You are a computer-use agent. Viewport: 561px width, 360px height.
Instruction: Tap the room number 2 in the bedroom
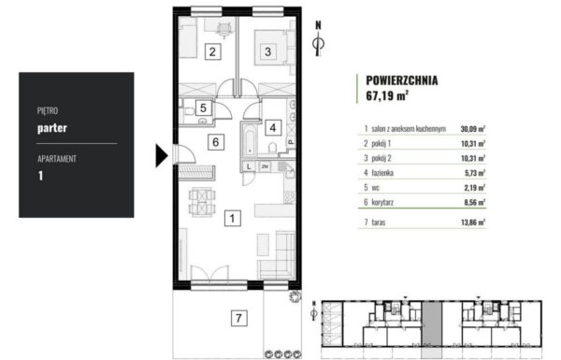[213, 52]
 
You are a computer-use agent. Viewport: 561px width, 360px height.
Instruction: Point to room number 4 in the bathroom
[273, 127]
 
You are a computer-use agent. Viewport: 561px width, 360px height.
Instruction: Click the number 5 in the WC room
[204, 108]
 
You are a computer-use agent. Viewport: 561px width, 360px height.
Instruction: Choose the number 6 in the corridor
[215, 143]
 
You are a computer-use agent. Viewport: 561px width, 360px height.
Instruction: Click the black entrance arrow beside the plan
[162, 154]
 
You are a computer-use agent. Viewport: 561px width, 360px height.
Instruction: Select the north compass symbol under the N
[319, 44]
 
